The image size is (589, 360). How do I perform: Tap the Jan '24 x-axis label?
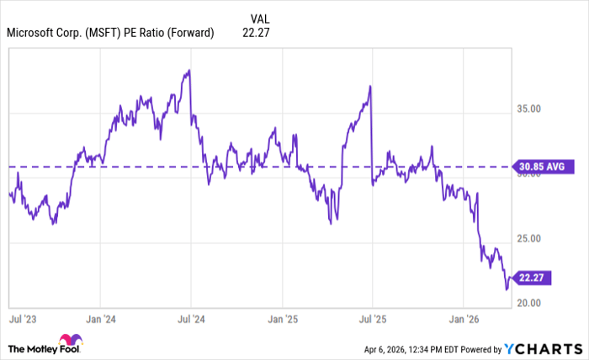100,319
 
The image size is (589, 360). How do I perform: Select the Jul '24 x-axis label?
191,319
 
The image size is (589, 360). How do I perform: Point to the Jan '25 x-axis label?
282,319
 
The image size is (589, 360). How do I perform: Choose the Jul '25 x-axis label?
372,319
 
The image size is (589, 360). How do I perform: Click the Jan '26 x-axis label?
464,319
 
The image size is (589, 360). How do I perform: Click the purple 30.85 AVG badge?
542,167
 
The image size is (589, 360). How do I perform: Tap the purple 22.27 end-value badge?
532,277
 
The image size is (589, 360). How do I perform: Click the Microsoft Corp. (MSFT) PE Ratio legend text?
110,33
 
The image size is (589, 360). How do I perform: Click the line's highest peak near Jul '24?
189,70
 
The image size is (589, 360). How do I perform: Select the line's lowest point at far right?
507,289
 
